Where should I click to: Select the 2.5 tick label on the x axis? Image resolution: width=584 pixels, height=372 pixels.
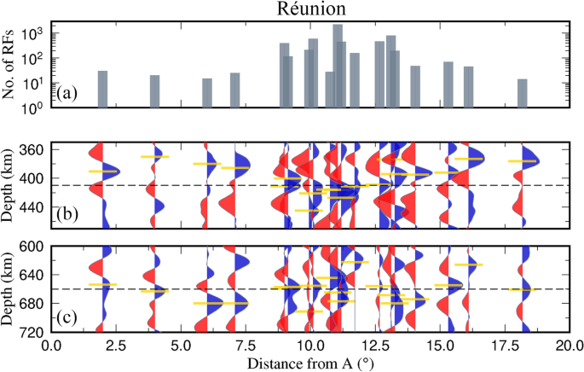[x=116, y=346]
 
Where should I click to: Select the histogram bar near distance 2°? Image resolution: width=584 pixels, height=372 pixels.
[x=102, y=90]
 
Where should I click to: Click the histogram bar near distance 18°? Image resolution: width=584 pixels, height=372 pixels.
[x=522, y=93]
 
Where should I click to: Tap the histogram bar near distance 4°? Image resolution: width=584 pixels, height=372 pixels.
[x=154, y=91]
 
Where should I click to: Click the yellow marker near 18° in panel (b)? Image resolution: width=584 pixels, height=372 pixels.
[x=522, y=161]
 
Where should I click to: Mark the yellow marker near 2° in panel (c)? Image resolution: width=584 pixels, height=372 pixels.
[x=102, y=284]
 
